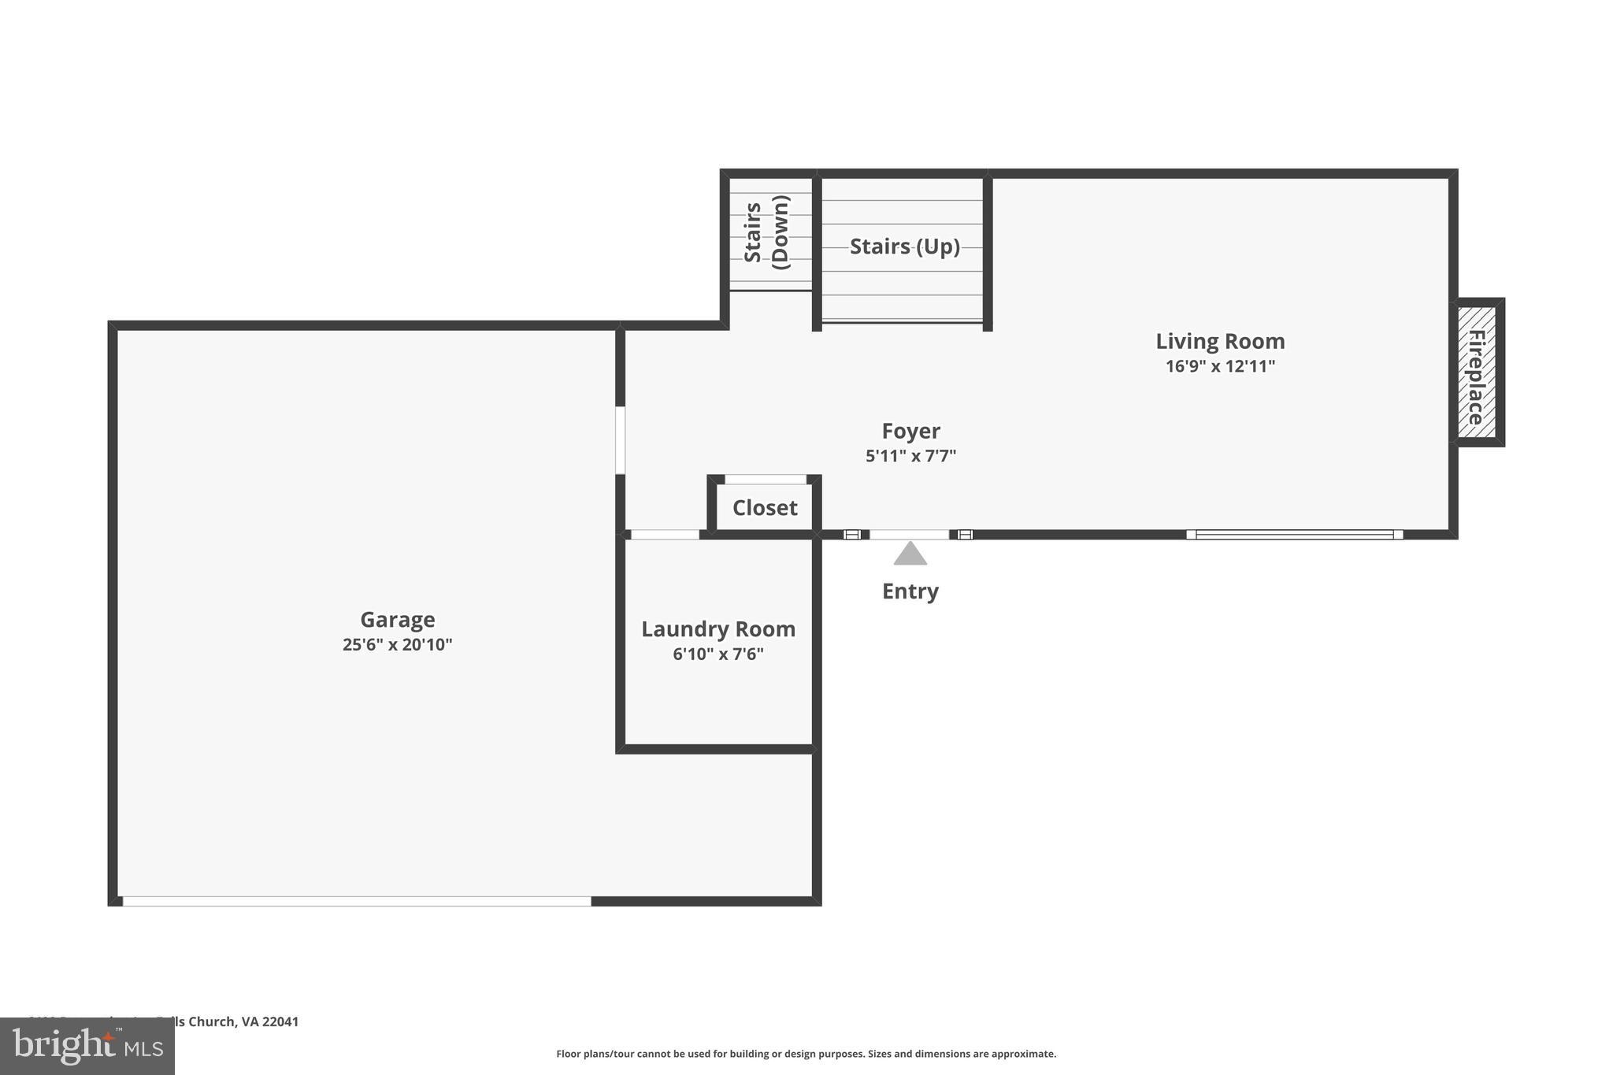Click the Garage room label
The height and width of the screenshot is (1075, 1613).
pyautogui.click(x=397, y=620)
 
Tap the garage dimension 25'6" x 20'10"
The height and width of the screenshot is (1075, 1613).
pyautogui.click(x=397, y=645)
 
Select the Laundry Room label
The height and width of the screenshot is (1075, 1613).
pyautogui.click(x=718, y=629)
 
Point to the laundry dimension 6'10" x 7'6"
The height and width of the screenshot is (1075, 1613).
pyautogui.click(x=718, y=654)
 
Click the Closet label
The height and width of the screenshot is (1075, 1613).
pyautogui.click(x=764, y=508)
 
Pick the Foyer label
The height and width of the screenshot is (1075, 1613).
pyautogui.click(x=910, y=431)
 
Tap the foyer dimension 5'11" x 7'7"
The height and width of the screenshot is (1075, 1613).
pyautogui.click(x=910, y=456)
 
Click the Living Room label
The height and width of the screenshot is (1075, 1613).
pyautogui.click(x=1219, y=341)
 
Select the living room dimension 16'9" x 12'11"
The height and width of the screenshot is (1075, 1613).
pyautogui.click(x=1219, y=366)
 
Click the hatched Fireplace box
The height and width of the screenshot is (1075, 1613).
pyautogui.click(x=1476, y=373)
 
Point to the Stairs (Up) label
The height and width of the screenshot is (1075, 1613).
pyautogui.click(x=904, y=247)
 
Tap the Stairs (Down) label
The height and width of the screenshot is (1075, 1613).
pyautogui.click(x=766, y=232)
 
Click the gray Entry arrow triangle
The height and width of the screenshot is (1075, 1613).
pyautogui.click(x=910, y=554)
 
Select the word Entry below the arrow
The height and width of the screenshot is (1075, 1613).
pyautogui.click(x=910, y=591)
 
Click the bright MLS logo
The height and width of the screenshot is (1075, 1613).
pyautogui.click(x=87, y=1047)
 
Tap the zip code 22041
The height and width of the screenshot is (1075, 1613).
pyautogui.click(x=280, y=1021)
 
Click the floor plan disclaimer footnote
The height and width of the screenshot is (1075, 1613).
pyautogui.click(x=806, y=1054)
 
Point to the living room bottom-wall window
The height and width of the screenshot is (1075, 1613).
pyautogui.click(x=1294, y=535)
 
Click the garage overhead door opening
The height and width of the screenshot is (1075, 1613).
pyautogui.click(x=356, y=901)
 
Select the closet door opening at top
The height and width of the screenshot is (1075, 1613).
pyautogui.click(x=765, y=479)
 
